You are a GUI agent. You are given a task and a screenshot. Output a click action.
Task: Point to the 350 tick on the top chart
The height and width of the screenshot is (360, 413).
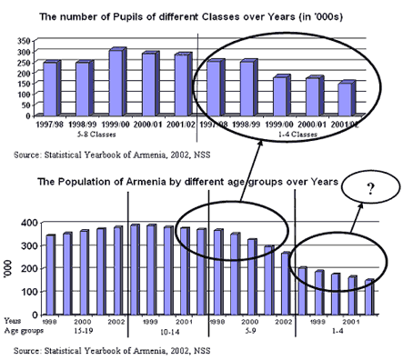pyautogui.click(x=21, y=42)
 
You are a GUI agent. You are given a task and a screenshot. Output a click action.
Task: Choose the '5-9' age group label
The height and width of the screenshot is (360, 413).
pyautogui.click(x=252, y=332)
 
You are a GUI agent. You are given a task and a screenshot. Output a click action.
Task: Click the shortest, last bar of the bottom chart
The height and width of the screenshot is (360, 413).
pyautogui.click(x=368, y=296)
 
